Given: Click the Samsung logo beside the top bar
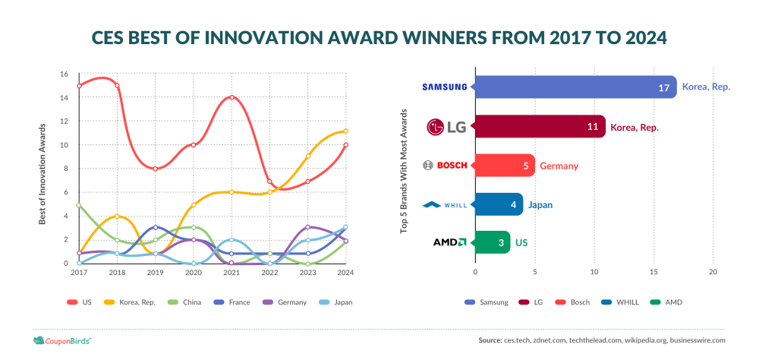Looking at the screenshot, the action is coord(444,87).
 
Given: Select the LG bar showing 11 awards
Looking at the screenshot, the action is coord(540,127).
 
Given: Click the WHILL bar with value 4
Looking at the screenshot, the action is coord(499,204).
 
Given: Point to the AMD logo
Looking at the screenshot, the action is coord(449,242).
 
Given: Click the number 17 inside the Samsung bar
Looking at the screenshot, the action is coord(663,87).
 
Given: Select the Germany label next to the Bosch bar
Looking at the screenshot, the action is coord(559,166).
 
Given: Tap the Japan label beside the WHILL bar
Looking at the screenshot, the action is coord(540,205).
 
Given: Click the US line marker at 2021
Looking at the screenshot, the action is coord(231,97).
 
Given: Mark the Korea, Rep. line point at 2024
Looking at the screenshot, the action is coord(345,131).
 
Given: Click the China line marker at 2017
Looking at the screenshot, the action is coord(79,205).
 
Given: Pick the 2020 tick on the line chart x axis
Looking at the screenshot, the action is coord(194,273).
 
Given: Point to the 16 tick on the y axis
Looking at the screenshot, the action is coord(65,74).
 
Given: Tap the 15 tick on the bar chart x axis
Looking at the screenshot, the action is coord(653,273).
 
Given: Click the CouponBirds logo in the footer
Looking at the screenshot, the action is coord(62,340).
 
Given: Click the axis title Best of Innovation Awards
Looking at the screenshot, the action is coord(42,173).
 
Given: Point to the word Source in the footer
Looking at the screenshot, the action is coord(490,340).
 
